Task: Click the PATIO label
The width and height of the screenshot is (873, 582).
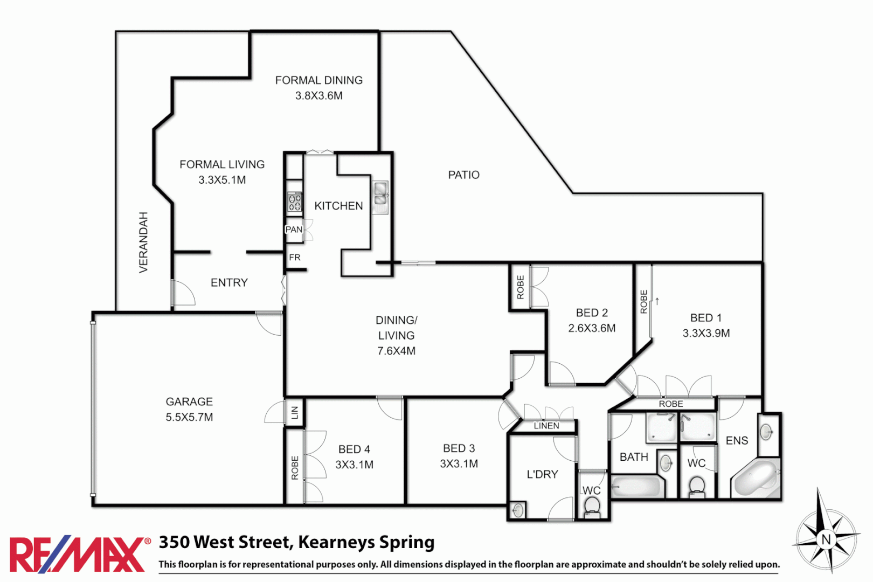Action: (x=463, y=175)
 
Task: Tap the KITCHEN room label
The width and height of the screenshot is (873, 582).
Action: (x=338, y=206)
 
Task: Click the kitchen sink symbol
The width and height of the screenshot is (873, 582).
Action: (x=380, y=197)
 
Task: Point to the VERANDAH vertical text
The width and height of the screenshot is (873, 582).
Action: (x=143, y=242)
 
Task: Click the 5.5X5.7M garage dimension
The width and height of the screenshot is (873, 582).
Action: (x=189, y=417)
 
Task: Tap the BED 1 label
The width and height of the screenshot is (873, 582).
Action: (x=705, y=318)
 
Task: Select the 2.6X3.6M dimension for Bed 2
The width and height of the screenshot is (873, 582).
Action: (x=592, y=328)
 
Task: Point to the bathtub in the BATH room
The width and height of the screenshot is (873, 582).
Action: (x=636, y=486)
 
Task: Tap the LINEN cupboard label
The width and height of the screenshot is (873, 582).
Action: (x=546, y=426)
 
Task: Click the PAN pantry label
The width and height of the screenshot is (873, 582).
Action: (x=294, y=230)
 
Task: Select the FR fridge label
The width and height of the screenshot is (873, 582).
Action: (x=295, y=258)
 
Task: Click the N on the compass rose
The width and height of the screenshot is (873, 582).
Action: (x=826, y=539)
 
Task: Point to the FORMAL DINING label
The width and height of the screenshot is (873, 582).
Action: (x=318, y=80)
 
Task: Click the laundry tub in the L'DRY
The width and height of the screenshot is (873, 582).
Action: (x=518, y=510)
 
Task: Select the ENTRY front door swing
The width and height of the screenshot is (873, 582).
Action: (x=183, y=294)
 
